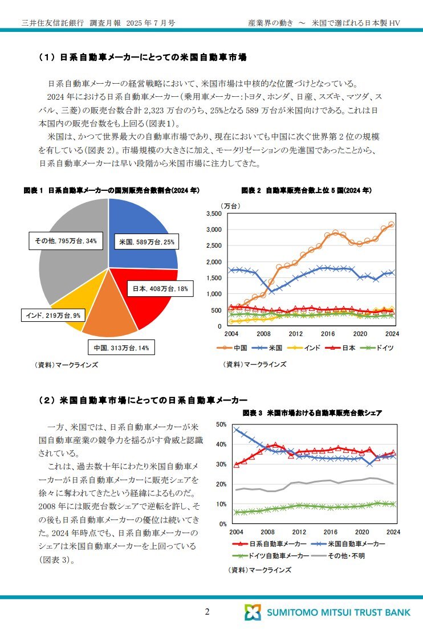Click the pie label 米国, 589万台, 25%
(147, 242)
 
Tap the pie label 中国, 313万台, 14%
(121, 347)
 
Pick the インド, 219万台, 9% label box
(53, 316)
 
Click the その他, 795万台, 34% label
(66, 241)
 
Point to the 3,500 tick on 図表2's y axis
(214, 214)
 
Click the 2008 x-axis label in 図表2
(263, 333)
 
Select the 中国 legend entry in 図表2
(232, 348)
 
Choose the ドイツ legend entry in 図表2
(377, 348)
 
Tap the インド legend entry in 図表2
(304, 348)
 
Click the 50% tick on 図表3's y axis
(221, 424)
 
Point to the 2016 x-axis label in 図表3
(331, 532)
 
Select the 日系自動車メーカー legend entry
(270, 543)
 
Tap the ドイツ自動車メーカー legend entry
(271, 556)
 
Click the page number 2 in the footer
(207, 612)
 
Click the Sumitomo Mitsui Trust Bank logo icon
(253, 612)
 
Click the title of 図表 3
(312, 412)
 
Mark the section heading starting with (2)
(143, 400)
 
